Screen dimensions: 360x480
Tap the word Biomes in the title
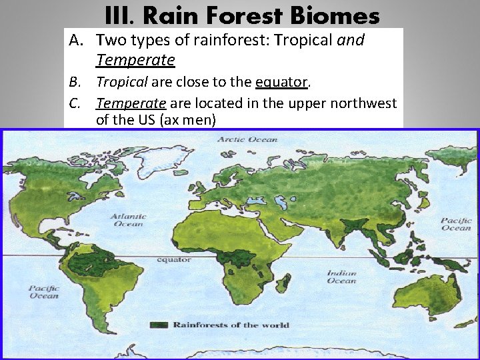pos(339,15)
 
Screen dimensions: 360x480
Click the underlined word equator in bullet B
pos(281,83)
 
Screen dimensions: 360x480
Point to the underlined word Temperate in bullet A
pos(135,61)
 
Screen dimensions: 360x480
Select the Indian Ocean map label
pos(341,277)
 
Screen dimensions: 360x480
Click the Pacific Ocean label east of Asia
pos(456,224)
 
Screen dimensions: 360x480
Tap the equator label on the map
pos(173,259)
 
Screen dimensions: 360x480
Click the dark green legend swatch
pos(159,325)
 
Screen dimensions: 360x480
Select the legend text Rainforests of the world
pos(231,325)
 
